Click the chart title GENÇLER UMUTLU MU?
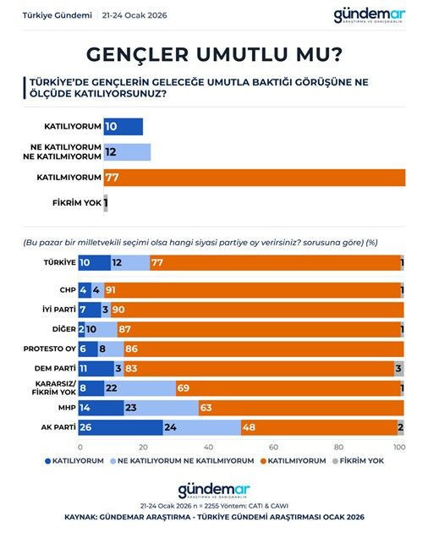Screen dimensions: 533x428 (x=214, y=54)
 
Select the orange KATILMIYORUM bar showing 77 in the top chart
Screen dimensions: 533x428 (x=254, y=178)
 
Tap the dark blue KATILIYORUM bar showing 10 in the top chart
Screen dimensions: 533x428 (x=123, y=127)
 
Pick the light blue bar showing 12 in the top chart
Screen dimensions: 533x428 (x=127, y=152)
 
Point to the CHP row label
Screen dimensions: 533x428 (x=66, y=290)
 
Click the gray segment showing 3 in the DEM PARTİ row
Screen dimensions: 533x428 (x=399, y=369)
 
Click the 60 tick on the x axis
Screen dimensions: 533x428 (x=273, y=447)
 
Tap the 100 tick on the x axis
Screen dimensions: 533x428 (x=400, y=447)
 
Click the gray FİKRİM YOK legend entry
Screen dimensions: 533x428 (x=362, y=461)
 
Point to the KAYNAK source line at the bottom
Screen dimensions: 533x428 (x=213, y=515)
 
